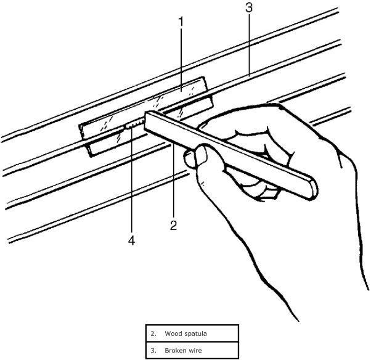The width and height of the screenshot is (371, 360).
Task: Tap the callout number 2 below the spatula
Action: [x=173, y=226]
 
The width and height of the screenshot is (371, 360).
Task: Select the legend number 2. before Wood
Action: [x=153, y=334]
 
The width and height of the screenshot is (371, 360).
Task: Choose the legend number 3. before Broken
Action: [x=153, y=351]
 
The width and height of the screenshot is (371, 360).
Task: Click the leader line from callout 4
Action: [x=131, y=185]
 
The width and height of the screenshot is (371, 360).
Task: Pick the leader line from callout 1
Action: [x=181, y=62]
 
